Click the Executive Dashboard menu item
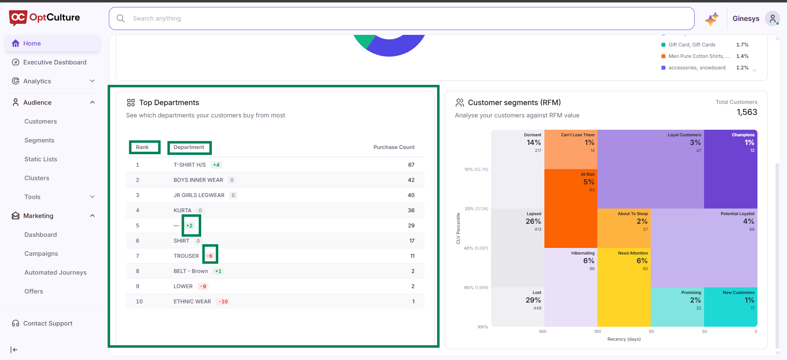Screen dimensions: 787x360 pyautogui.click(x=55, y=62)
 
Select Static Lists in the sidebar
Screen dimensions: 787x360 pyautogui.click(x=41, y=159)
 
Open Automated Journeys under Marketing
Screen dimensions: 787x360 pyautogui.click(x=55, y=273)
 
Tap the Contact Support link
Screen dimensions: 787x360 pyautogui.click(x=48, y=323)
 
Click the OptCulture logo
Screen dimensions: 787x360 pyautogui.click(x=44, y=18)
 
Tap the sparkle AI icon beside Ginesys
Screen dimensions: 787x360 pyautogui.click(x=712, y=19)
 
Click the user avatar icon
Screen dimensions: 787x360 pyautogui.click(x=772, y=18)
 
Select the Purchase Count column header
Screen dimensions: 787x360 pyautogui.click(x=394, y=147)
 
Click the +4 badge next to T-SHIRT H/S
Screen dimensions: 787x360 pyautogui.click(x=216, y=165)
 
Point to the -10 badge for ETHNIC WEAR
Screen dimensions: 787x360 pyautogui.click(x=223, y=302)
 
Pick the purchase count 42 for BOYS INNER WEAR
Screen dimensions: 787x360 pyautogui.click(x=411, y=180)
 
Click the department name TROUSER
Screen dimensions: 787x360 pyautogui.click(x=186, y=256)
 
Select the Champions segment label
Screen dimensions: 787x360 pyautogui.click(x=743, y=135)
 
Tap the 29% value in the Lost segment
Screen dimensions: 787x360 pyautogui.click(x=533, y=300)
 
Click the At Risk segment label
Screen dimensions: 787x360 pyautogui.click(x=587, y=174)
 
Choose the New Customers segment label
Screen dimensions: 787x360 pyautogui.click(x=739, y=293)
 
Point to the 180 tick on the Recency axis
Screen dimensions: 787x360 pyautogui.click(x=597, y=332)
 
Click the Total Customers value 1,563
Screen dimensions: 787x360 pyautogui.click(x=747, y=112)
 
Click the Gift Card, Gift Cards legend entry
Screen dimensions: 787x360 pyautogui.click(x=692, y=45)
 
